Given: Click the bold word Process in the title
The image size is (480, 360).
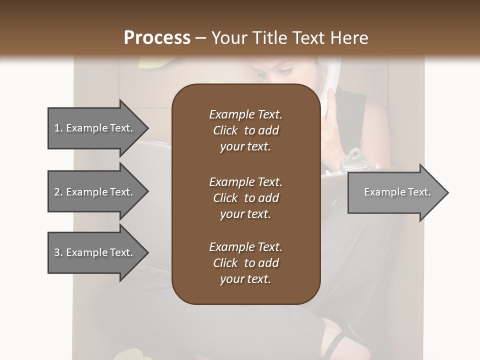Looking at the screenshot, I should (157, 38).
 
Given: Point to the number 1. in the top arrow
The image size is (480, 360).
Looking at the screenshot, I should (58, 128).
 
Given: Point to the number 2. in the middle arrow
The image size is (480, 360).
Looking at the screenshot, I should (58, 192).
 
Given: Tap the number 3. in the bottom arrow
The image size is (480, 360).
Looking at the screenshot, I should (58, 252).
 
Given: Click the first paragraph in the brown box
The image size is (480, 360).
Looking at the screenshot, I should (245, 130).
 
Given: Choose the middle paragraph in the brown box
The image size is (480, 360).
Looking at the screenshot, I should (245, 198).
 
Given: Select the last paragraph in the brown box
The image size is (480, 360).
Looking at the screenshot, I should (245, 263).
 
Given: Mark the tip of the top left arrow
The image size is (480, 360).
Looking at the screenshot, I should (147, 128).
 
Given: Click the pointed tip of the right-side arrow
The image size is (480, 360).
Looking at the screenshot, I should (447, 192).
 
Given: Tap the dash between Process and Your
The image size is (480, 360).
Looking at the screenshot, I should (200, 38).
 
